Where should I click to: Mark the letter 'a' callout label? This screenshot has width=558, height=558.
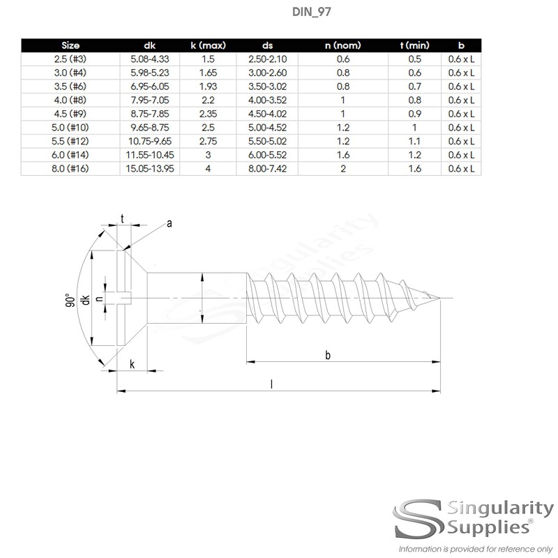[x=168, y=223]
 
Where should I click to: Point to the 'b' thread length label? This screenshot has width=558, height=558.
[x=328, y=355]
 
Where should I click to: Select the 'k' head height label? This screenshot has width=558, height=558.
[x=132, y=365]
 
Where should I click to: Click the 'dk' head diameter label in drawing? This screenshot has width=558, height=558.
[x=86, y=301]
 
